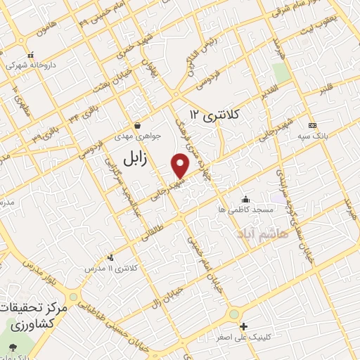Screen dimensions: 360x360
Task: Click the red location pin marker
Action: tap(181, 165)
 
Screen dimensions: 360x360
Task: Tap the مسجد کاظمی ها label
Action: tap(245, 210)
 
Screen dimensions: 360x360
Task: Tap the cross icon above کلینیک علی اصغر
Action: tap(244, 326)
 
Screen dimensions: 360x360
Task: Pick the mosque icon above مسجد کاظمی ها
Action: tap(245, 199)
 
